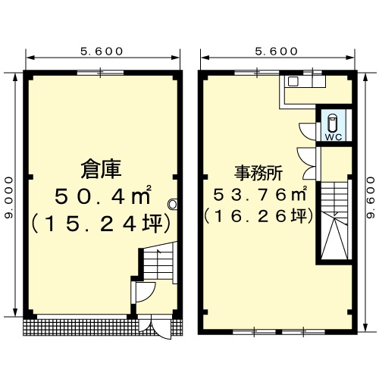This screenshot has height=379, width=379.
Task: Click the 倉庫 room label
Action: pyautogui.click(x=101, y=169)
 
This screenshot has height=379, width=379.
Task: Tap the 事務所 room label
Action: pyautogui.click(x=258, y=173)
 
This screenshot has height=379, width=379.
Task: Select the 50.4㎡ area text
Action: pyautogui.click(x=103, y=196)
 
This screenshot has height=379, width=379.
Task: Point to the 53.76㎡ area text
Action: pyautogui.click(x=260, y=194)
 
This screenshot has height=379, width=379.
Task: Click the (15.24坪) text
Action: pyautogui.click(x=101, y=224)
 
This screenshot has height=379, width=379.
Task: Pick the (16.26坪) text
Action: pyautogui.click(x=258, y=216)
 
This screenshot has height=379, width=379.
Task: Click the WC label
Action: pyautogui.click(x=334, y=137)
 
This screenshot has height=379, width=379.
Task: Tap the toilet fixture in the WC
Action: pyautogui.click(x=332, y=122)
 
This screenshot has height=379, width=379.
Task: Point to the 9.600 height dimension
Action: pyautogui.click(x=371, y=198)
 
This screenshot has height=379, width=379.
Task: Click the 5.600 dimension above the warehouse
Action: pyautogui.click(x=102, y=52)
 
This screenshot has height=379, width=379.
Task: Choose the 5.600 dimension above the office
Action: pyautogui.click(x=277, y=52)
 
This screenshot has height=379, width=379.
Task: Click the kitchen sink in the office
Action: pyautogui.click(x=293, y=81)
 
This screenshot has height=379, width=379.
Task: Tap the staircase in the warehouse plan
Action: pyautogui.click(x=158, y=263)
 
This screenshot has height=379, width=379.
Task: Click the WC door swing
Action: pyautogui.click(x=306, y=131)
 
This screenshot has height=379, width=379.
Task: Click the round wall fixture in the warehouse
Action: pyautogui.click(x=173, y=204)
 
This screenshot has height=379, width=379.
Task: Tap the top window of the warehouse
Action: pyautogui.click(x=100, y=73)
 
